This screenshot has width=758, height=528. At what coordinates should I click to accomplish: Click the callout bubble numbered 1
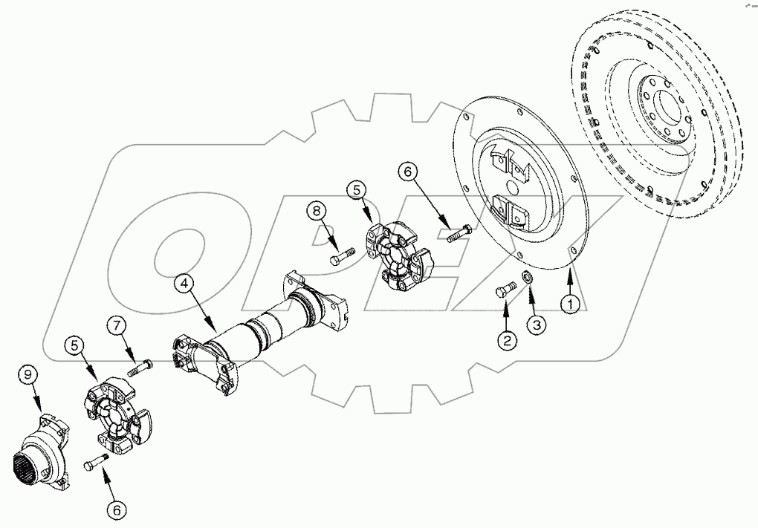coord(569,303)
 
